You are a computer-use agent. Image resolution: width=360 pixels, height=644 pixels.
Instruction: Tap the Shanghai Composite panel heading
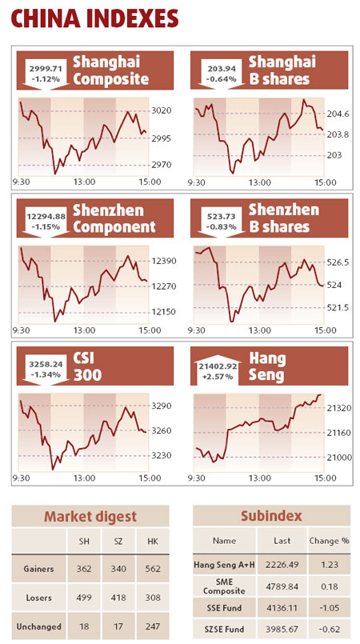[110, 70]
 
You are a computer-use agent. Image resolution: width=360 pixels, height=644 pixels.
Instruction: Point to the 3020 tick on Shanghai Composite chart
[161, 111]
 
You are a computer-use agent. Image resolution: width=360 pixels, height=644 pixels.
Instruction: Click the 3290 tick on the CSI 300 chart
[161, 406]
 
